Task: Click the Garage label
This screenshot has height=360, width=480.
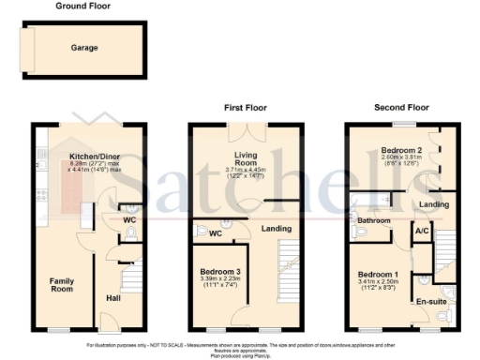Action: (84, 47)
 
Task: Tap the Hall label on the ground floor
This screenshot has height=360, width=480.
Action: (113, 297)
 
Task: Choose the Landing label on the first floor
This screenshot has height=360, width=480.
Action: (276, 229)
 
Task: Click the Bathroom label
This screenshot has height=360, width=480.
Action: (373, 221)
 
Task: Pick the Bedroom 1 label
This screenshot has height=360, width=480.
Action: (377, 274)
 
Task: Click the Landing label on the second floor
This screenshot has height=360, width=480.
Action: (433, 203)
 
